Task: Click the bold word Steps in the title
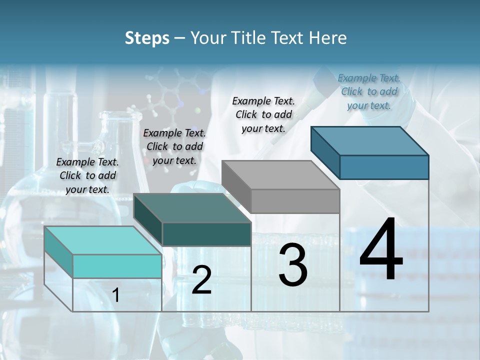pos(147,38)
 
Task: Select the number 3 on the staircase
pos(293,265)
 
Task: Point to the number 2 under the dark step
pos(201,280)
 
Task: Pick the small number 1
pos(116,295)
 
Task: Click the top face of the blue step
pos(370,140)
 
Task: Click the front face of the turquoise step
pos(117,266)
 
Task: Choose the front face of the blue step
pos(384,167)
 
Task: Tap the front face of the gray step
pos(295,201)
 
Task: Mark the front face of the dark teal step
pos(206,234)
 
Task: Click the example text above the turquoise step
pos(87,175)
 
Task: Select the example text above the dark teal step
pos(174,146)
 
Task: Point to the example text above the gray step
pos(263,114)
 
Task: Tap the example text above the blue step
pos(369,91)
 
